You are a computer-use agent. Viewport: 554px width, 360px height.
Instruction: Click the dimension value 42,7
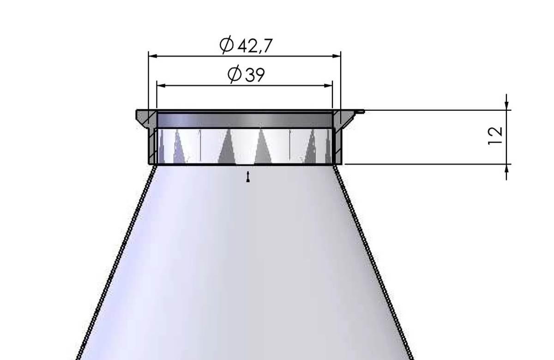coord(254,45)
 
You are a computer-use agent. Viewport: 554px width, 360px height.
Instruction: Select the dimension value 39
coord(255,75)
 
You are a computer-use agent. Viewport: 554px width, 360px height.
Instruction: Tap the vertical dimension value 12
coord(495,136)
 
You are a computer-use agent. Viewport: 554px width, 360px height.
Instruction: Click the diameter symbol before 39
coord(235,75)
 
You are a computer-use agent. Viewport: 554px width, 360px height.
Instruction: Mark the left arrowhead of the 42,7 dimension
coord(151,56)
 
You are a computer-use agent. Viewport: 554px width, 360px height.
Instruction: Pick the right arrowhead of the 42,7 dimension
coord(337,56)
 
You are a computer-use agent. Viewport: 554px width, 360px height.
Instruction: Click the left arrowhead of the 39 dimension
coord(160,85)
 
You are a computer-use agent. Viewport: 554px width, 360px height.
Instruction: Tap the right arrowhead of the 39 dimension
coord(329,85)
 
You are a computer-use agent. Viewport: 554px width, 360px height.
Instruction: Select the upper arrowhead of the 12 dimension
coord(507,105)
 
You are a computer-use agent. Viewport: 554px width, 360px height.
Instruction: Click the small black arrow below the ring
coord(248,177)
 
